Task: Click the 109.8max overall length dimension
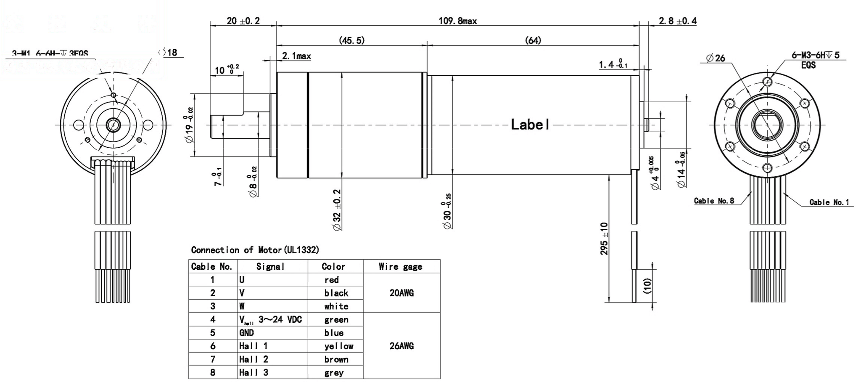pos(457,21)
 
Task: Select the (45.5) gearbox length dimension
pos(351,40)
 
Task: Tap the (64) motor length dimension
pos(533,40)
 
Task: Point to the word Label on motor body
pos(530,125)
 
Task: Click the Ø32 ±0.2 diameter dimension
pos(337,210)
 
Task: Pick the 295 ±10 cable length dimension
pos(604,238)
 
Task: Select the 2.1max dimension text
pos(296,56)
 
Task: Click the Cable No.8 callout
pos(714,201)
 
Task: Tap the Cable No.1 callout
pos(829,202)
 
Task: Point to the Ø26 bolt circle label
pos(716,58)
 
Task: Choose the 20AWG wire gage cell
pos(401,293)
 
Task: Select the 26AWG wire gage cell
pos(401,346)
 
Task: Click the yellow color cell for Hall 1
pos(338,346)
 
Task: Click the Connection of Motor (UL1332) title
pos(255,250)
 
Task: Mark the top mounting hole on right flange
pos(768,81)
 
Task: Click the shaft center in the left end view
pos(113,125)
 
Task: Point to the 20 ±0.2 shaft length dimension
pos(243,21)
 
